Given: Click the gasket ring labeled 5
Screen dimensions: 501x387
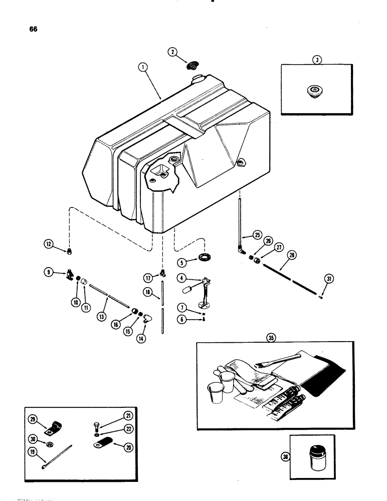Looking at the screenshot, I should (205, 259).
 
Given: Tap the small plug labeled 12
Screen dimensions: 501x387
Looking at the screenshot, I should (71, 250).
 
